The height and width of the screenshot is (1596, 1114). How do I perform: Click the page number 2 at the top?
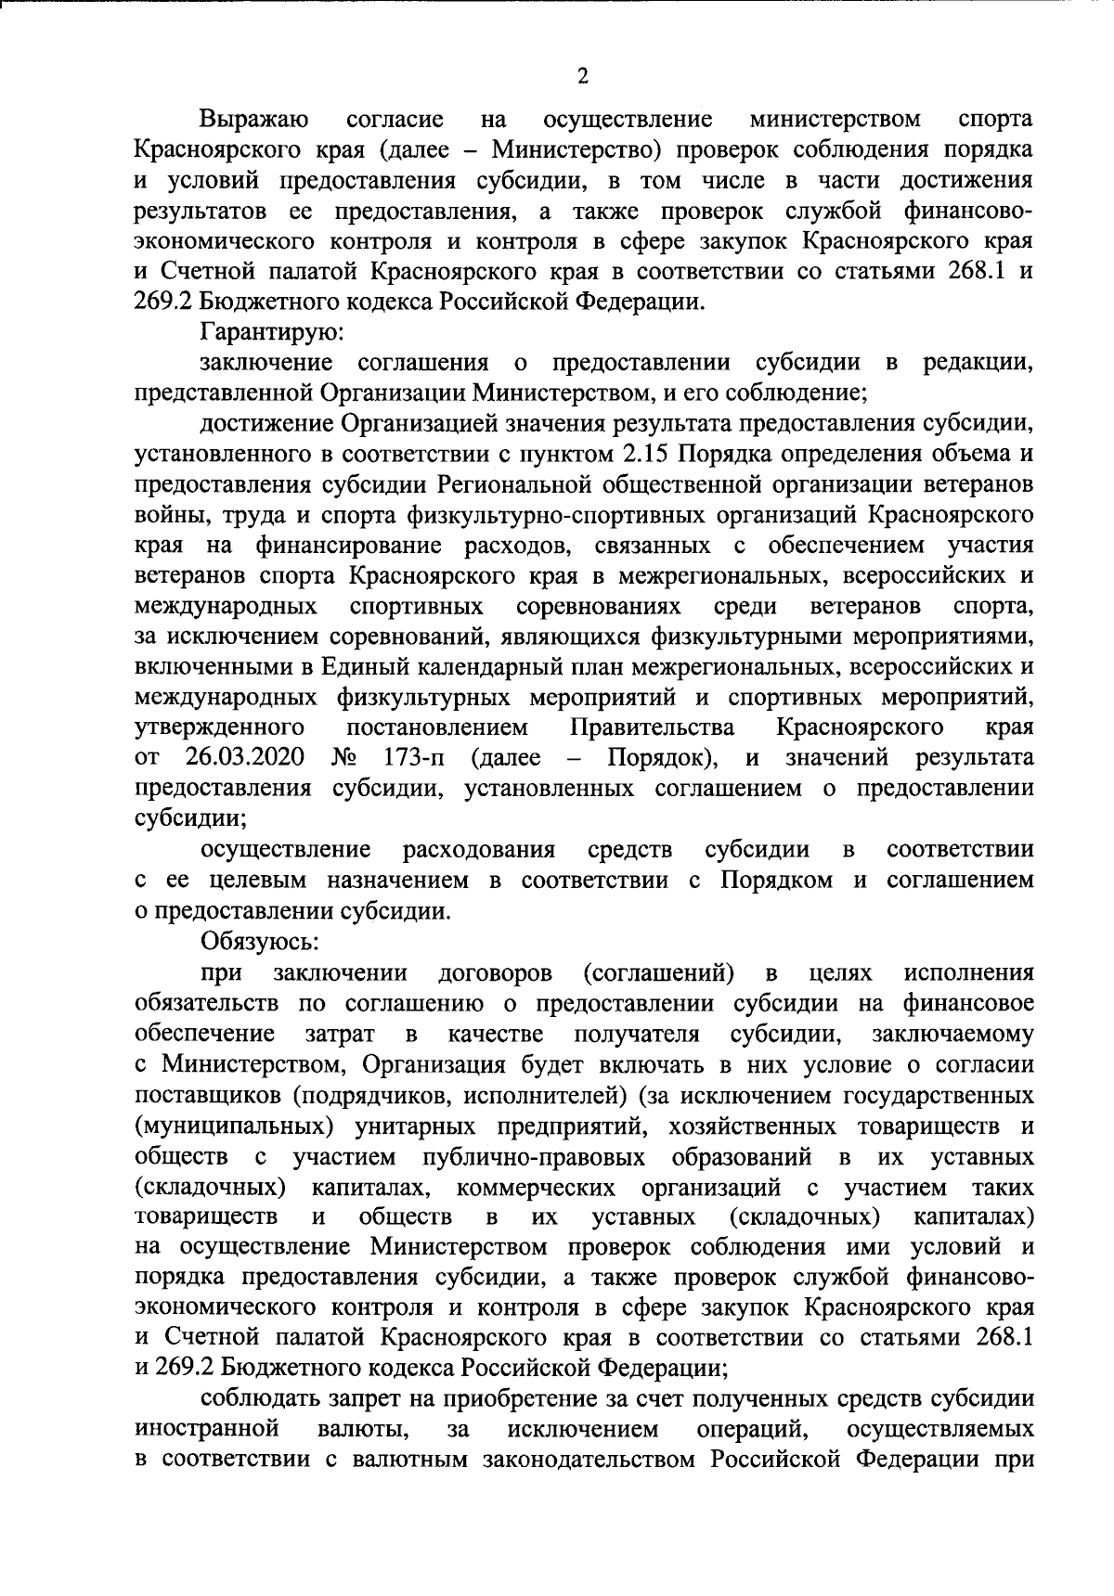click(583, 77)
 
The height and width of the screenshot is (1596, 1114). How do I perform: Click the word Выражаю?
click(255, 120)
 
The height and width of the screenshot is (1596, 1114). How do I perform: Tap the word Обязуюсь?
click(260, 941)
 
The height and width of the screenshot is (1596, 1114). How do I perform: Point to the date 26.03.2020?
click(246, 757)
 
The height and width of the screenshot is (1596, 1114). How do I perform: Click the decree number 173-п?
click(413, 757)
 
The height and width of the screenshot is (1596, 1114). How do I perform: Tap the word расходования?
click(479, 849)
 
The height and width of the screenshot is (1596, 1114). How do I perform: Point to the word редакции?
click(977, 363)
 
